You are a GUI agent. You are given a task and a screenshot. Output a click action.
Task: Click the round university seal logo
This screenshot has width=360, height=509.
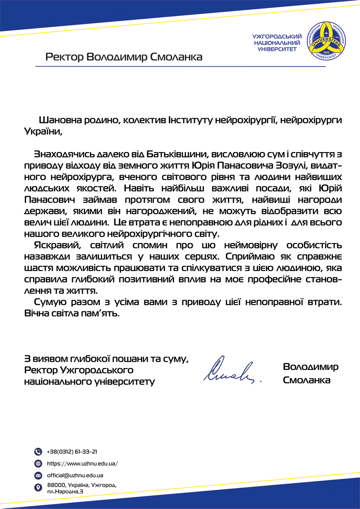(x=325, y=42)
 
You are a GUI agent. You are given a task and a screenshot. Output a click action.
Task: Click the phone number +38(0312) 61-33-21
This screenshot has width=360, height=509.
(x=72, y=451)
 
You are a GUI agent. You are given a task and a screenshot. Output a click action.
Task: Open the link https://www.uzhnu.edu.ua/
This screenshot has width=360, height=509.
(x=82, y=463)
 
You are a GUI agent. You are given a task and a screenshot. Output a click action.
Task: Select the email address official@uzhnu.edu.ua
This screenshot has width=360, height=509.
(x=75, y=475)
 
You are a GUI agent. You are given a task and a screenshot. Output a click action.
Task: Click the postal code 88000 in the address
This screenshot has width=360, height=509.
(x=56, y=485)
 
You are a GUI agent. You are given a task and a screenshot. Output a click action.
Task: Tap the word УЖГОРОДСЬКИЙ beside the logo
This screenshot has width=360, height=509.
(x=277, y=36)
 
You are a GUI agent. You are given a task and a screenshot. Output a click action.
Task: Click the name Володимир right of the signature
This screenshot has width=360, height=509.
(x=310, y=366)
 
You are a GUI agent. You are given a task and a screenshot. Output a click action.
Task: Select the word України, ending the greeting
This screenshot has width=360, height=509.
(x=41, y=131)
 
